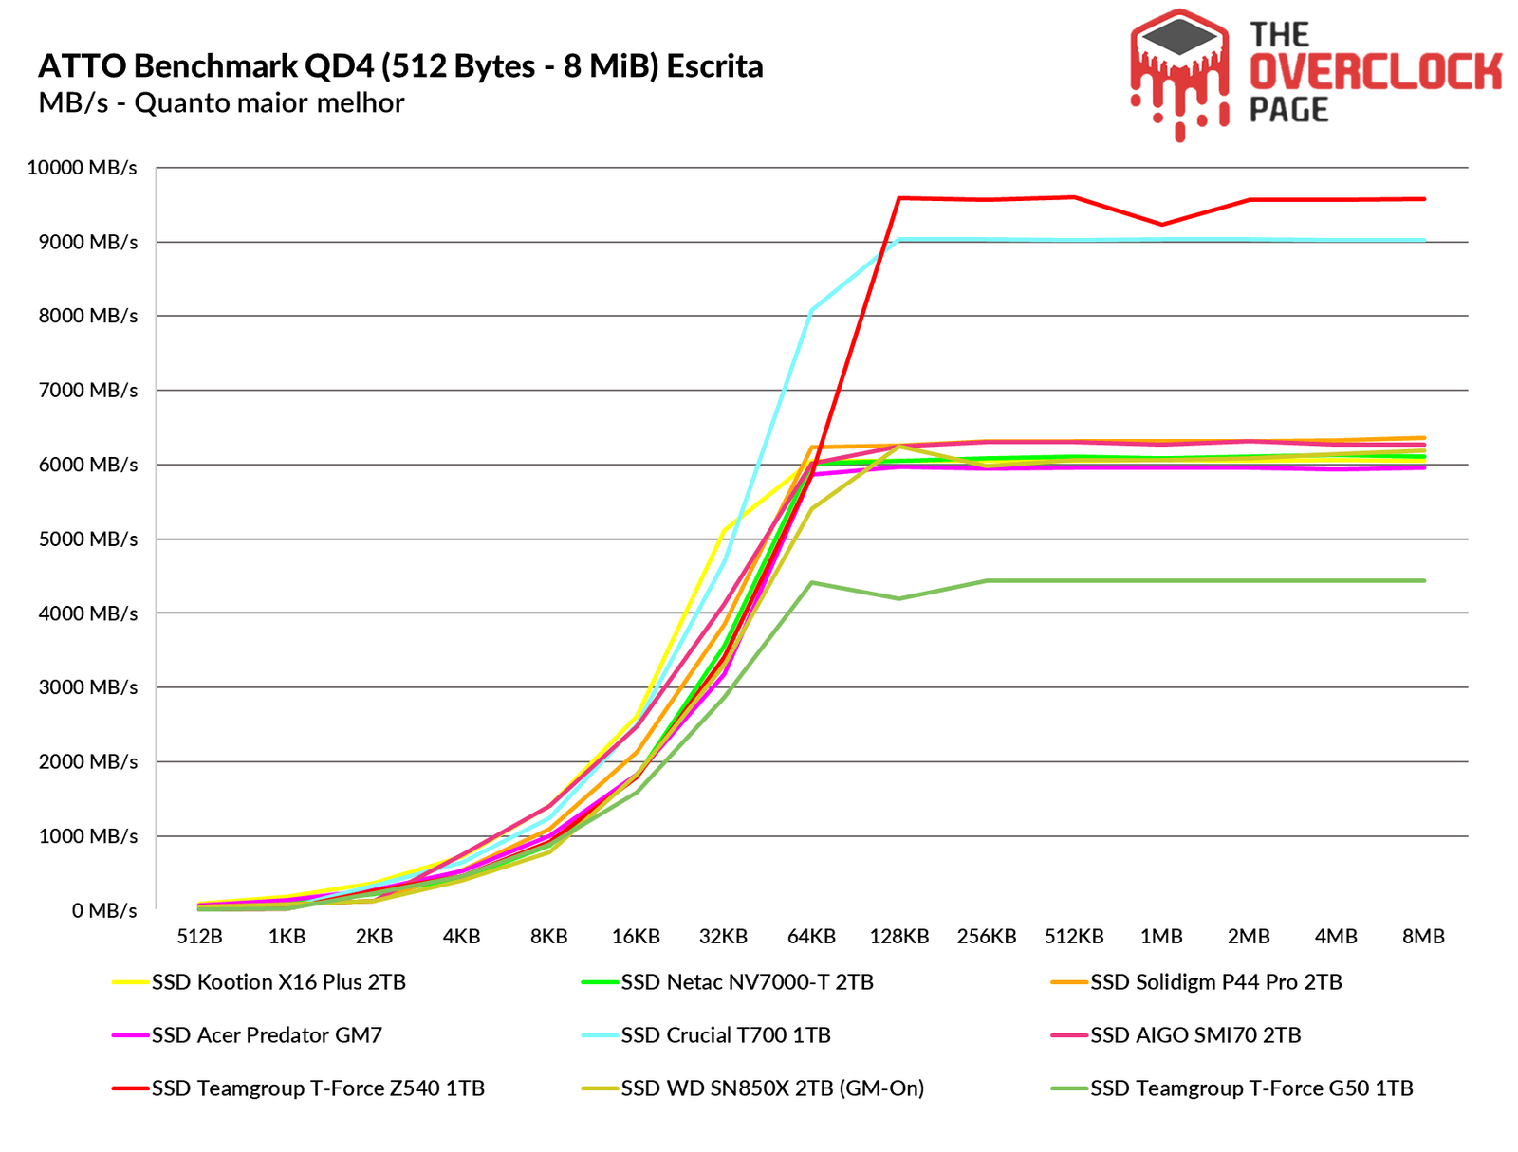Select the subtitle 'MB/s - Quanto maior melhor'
221,102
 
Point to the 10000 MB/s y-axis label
83,168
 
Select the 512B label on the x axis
199,937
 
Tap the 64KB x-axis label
811,937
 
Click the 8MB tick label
1423,937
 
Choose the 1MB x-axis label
1161,937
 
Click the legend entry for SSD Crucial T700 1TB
726,1035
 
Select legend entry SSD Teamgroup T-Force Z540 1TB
318,1088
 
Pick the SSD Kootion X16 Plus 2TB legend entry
279,982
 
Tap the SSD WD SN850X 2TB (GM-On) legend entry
772,1088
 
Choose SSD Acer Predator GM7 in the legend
267,1035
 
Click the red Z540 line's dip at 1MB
1161,225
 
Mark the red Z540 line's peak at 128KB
898,198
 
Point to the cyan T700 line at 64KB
811,310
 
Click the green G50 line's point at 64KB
811,582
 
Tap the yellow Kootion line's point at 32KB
724,530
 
